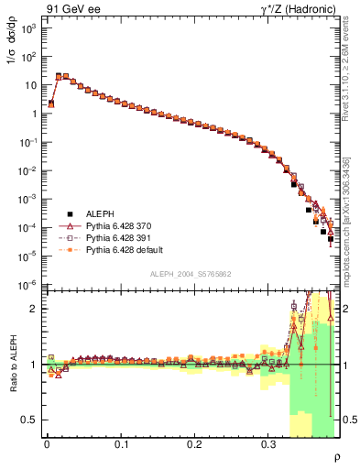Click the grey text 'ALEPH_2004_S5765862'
coord(191,274)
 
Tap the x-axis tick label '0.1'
coord(121,444)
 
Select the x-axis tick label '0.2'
coord(194,444)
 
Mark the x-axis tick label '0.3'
coord(268,444)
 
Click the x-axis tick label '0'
coord(47,444)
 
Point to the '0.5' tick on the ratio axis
coord(29,420)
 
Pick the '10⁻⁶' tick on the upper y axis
coord(27,285)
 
